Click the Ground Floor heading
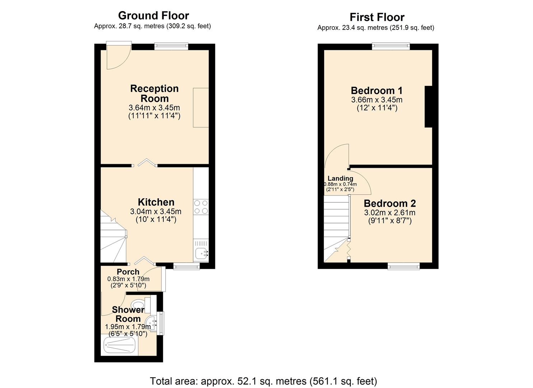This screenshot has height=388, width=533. coord(153,16)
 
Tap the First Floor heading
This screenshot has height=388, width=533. coord(377,17)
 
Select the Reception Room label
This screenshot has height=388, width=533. coord(154,93)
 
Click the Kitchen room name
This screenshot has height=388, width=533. coord(156,202)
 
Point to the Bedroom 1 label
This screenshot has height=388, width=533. coord(377,91)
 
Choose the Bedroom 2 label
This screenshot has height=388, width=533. coord(390,204)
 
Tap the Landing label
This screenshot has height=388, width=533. coord(340,179)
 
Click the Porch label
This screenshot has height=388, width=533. coord(128,272)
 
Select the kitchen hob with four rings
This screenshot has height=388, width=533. coord(201,207)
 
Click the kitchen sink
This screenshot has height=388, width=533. coord(201,254)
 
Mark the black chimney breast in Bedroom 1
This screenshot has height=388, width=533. coord(428,107)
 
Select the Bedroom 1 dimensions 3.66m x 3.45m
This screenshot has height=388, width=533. coord(377,100)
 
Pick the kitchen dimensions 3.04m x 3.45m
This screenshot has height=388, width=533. coord(156,212)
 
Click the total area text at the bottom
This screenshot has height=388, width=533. coord(263,381)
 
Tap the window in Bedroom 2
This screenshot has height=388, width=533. coord(403,266)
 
